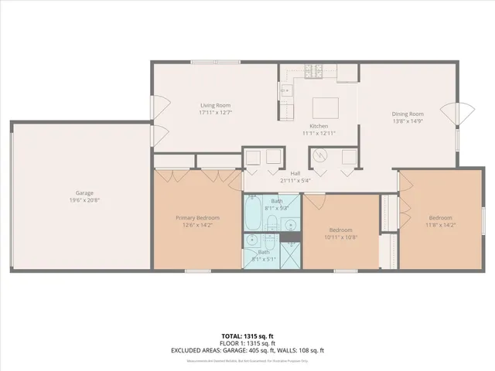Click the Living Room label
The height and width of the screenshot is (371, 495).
pyautogui.click(x=216, y=106)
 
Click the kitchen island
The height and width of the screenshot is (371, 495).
pyautogui.click(x=324, y=106)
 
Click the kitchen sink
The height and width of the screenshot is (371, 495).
pyautogui.click(x=285, y=90)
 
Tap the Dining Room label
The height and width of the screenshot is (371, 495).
pyautogui.click(x=407, y=114)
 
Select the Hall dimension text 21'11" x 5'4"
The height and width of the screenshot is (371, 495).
pyautogui.click(x=295, y=180)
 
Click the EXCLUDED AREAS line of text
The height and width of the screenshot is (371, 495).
pyautogui.click(x=247, y=351)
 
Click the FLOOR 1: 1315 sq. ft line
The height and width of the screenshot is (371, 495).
pyautogui.click(x=247, y=344)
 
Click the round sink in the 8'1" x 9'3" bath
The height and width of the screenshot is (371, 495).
pyautogui.click(x=291, y=225)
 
